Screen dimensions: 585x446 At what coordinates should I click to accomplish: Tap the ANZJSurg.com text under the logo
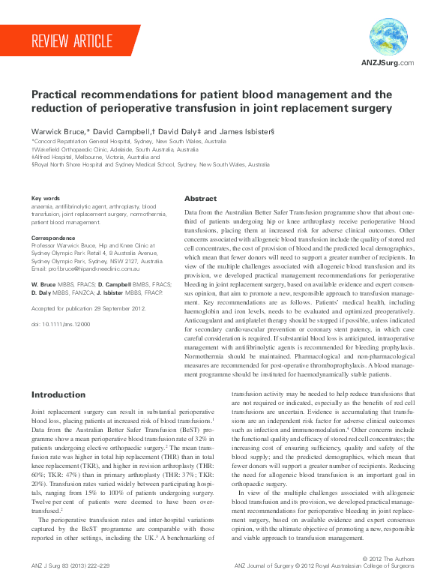point(388,63)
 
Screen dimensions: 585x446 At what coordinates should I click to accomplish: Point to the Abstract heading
point(201,199)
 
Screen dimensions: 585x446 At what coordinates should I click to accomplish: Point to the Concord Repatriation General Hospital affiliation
point(128,141)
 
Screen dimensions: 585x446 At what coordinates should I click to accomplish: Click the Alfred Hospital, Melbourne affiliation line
point(94,157)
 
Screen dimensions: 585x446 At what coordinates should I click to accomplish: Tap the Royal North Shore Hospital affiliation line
point(150,165)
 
